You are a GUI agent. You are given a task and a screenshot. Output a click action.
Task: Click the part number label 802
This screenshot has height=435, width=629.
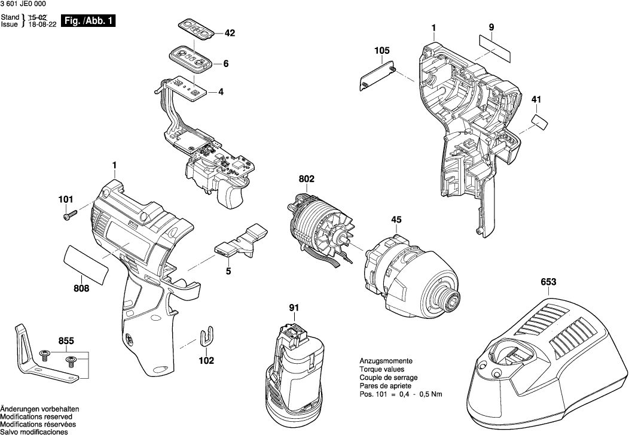[x=306, y=179]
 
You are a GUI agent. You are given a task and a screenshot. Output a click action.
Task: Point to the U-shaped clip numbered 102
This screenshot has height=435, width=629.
[x=206, y=336]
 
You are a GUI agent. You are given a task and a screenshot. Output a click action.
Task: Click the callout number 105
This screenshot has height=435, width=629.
[x=382, y=50]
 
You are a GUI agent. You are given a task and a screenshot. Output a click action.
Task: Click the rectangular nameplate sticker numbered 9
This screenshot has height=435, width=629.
[x=496, y=47]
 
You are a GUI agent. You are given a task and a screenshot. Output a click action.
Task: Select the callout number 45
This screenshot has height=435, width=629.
[x=396, y=220]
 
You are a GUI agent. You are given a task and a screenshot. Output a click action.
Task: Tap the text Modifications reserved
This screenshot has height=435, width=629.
[x=36, y=416]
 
